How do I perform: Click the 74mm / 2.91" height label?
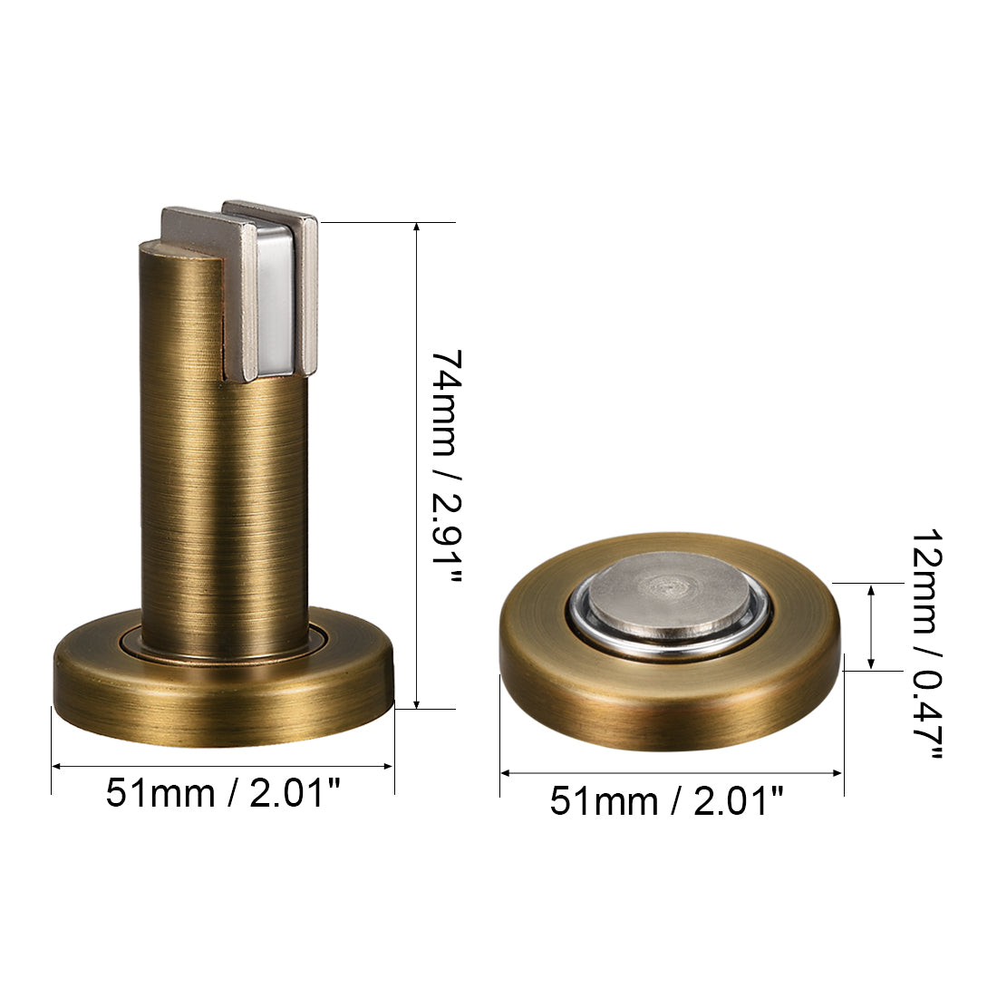point(446,466)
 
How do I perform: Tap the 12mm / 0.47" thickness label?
point(925,643)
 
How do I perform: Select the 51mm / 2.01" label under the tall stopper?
point(223,793)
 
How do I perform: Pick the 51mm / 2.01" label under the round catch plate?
point(667,800)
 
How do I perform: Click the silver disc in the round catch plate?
point(671,595)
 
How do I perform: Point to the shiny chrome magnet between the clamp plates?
point(276,298)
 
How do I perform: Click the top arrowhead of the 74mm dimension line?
point(417,227)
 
